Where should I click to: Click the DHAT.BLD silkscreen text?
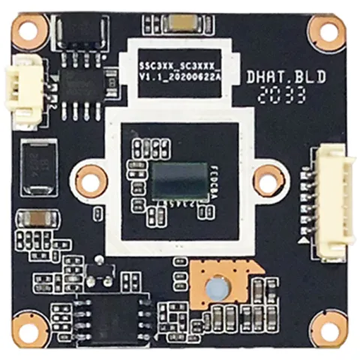[x=276, y=76]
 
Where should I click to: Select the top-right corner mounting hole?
[x=327, y=31]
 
